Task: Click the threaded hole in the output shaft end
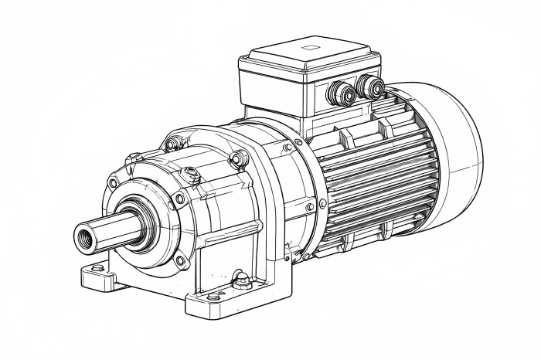point(83,235)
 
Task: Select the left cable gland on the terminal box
point(341,94)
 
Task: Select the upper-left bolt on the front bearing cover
point(114,183)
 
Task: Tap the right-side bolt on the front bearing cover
point(180,199)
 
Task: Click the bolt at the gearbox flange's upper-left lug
point(177,142)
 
